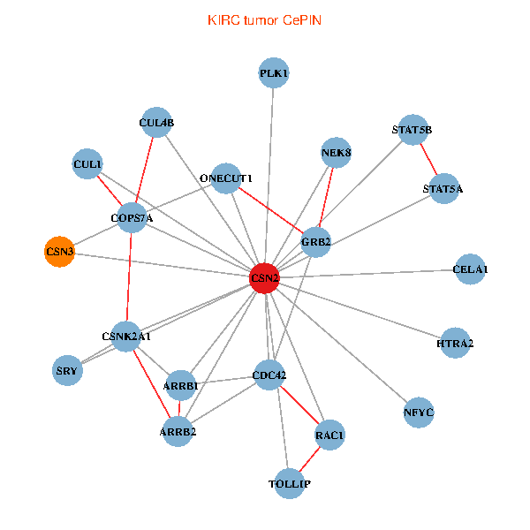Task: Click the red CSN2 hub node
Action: (x=265, y=277)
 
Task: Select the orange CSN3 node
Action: (x=59, y=252)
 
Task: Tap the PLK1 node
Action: (x=274, y=72)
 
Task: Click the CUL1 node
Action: (x=87, y=163)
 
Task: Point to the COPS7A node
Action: (x=132, y=217)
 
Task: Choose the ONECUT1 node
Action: (x=226, y=178)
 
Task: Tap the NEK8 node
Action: (x=337, y=153)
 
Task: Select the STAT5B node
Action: (x=413, y=130)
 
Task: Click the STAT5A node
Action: (x=443, y=188)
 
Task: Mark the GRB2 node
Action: (x=315, y=241)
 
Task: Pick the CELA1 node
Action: (x=470, y=269)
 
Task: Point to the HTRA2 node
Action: (x=455, y=343)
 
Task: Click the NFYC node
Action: (x=419, y=413)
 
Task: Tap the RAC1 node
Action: (x=329, y=435)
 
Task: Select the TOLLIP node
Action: (x=290, y=484)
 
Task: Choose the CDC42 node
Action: (x=269, y=375)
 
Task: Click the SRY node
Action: (x=67, y=370)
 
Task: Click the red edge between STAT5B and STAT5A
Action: (x=428, y=159)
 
